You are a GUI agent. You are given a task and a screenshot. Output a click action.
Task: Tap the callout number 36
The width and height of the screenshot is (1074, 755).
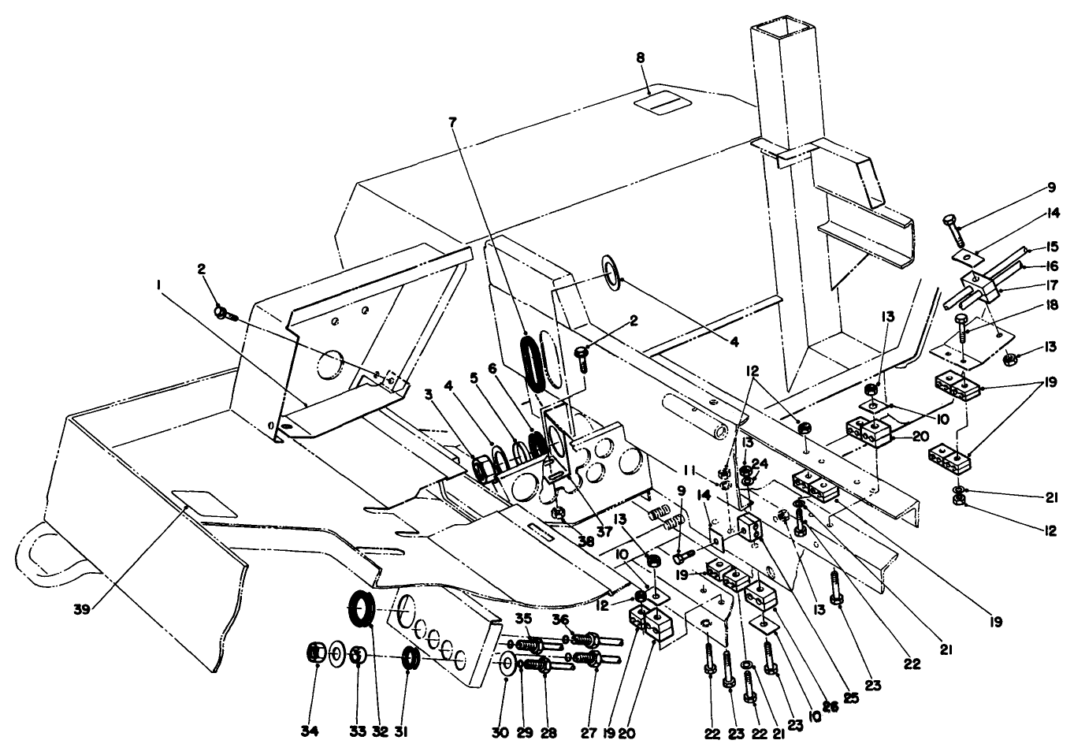[x=560, y=618]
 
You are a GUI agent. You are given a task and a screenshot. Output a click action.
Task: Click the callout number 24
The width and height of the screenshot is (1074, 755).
[x=760, y=463]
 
